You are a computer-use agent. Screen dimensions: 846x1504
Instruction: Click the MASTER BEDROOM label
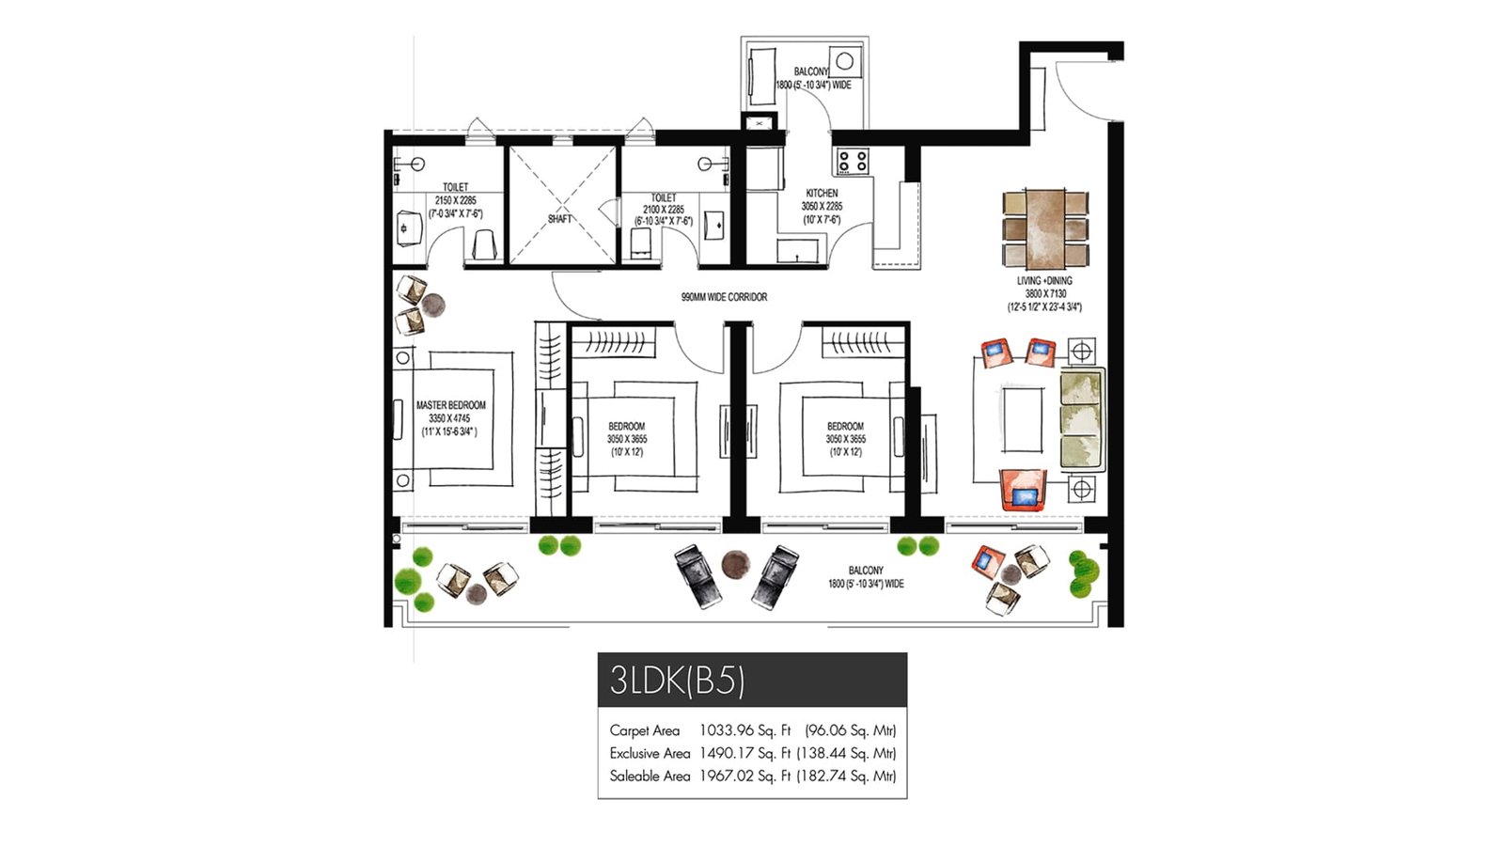(x=451, y=405)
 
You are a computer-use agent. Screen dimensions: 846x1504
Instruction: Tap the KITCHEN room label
(x=822, y=193)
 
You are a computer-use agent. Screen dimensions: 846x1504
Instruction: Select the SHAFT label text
(x=560, y=219)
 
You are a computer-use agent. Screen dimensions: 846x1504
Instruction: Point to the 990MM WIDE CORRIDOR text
(x=724, y=297)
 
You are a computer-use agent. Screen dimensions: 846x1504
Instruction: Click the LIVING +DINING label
(x=1043, y=280)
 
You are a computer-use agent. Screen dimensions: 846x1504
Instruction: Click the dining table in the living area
(x=1044, y=228)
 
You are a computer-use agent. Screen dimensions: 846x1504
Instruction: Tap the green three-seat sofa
(x=1081, y=420)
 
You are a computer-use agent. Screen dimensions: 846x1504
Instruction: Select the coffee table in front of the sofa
(x=1021, y=419)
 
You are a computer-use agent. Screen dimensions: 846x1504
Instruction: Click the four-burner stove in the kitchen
(x=853, y=162)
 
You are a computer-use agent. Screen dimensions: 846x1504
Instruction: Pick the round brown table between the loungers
(x=735, y=565)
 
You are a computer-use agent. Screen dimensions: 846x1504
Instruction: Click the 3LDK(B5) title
(x=677, y=680)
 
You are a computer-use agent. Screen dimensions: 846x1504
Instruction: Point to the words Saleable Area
(x=650, y=776)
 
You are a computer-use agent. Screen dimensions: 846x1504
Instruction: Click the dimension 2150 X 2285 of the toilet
(x=455, y=200)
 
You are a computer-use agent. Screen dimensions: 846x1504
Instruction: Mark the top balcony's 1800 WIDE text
(x=813, y=86)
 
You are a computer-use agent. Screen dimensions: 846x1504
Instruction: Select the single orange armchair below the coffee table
(x=1023, y=491)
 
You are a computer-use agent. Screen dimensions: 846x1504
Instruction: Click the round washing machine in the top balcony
(x=844, y=62)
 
